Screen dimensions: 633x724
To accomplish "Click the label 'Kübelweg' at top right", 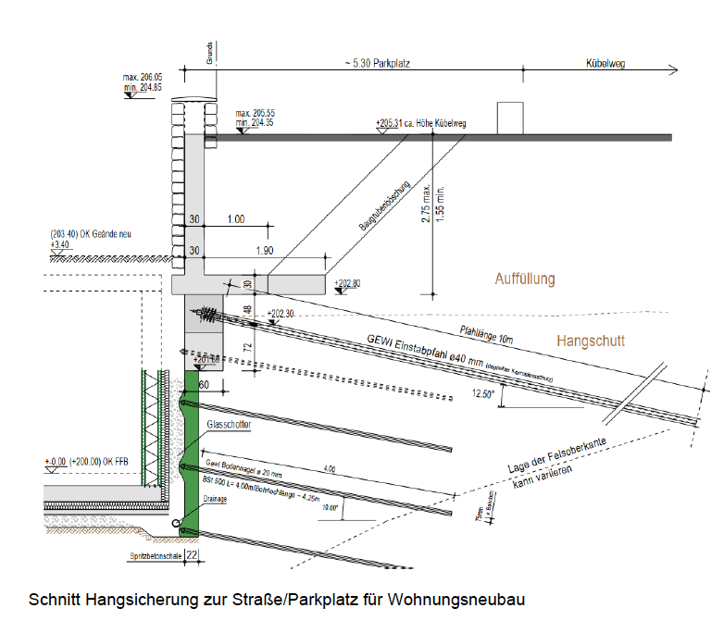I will (607, 64).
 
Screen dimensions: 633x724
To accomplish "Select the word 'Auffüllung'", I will (524, 279).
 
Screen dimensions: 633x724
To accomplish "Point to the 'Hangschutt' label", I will (591, 341).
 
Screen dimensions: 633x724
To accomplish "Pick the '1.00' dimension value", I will (236, 219).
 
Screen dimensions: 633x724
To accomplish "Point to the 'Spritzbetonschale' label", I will (154, 556).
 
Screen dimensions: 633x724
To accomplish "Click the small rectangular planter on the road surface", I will (510, 118).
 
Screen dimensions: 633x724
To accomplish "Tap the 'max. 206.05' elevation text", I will (142, 78).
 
